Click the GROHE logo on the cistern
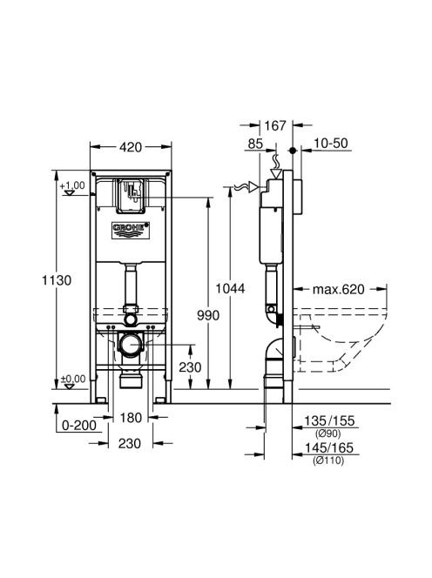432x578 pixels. pyautogui.click(x=131, y=230)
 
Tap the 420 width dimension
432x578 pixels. pyautogui.click(x=131, y=147)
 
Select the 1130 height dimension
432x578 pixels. pyautogui.click(x=57, y=280)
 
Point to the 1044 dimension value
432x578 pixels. pyautogui.click(x=230, y=288)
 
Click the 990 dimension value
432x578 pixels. pyautogui.click(x=208, y=315)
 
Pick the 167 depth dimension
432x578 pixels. pyautogui.click(x=275, y=125)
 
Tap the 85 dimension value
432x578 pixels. pyautogui.click(x=255, y=144)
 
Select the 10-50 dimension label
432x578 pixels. pyautogui.click(x=332, y=143)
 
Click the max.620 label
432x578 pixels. pyautogui.click(x=338, y=289)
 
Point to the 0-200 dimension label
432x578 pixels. pyautogui.click(x=79, y=425)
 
